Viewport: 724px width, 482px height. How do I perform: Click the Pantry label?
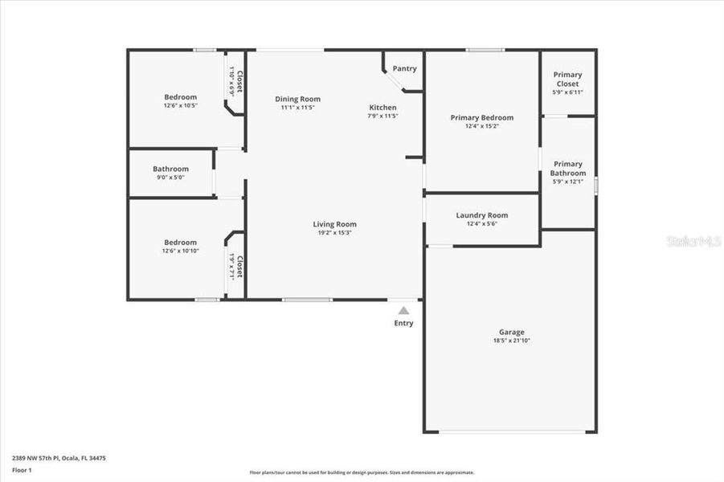tap(404, 68)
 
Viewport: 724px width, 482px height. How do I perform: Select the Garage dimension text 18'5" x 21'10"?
tap(511, 341)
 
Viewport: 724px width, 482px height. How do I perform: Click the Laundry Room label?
tap(481, 215)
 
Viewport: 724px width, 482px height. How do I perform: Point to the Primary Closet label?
tap(567, 79)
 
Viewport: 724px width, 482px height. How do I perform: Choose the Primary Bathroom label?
tap(567, 168)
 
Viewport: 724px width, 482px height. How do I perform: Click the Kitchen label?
tap(382, 108)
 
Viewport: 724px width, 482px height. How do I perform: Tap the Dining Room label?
tap(298, 99)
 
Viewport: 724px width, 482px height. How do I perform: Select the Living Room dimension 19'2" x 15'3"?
tap(334, 232)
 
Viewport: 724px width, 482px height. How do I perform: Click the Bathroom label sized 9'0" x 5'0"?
tap(170, 169)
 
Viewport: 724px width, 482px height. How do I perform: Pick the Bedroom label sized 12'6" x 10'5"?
tap(180, 97)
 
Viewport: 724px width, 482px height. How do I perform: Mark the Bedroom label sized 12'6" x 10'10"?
tap(180, 242)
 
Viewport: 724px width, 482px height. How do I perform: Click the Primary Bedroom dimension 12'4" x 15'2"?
tap(481, 126)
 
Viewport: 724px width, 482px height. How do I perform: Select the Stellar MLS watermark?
tap(694, 241)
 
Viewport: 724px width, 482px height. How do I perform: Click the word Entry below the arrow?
tap(403, 323)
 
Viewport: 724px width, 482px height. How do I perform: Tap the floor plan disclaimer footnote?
tap(362, 472)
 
